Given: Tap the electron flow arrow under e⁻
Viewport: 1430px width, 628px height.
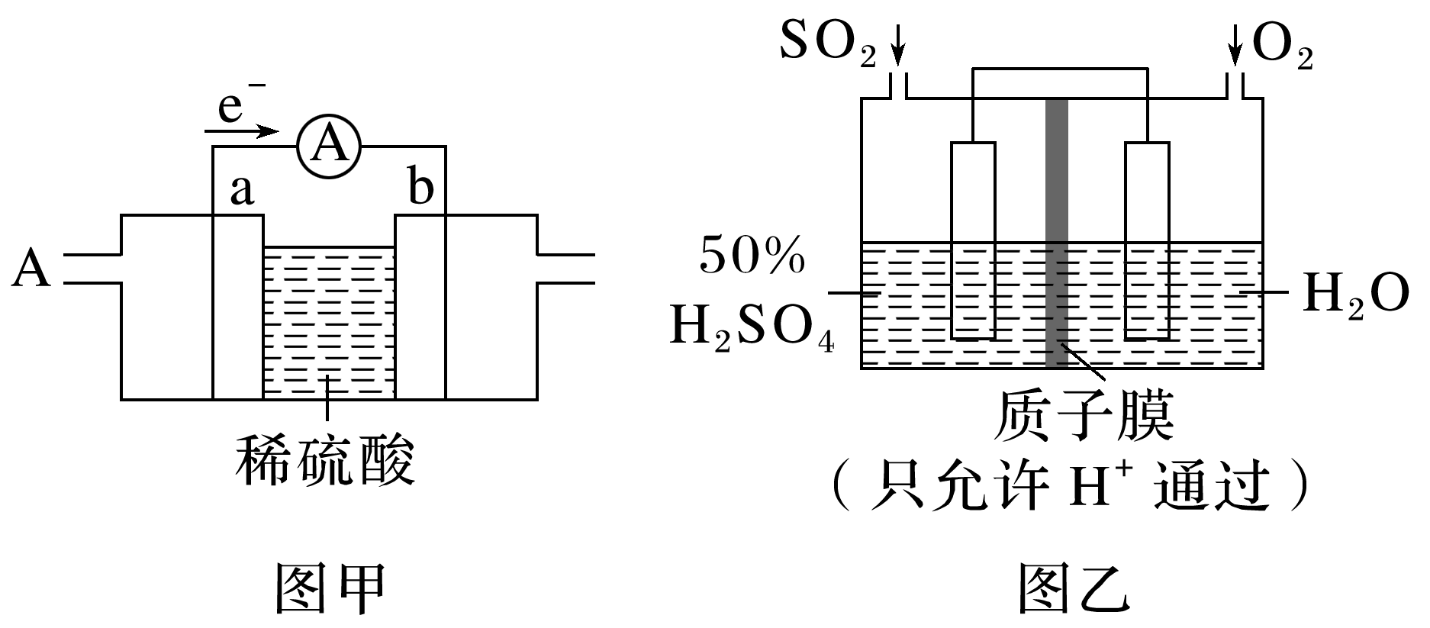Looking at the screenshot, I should coord(243,131).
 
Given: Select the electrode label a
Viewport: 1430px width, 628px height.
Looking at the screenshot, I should coord(241,191).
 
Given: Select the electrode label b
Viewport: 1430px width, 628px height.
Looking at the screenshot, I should coord(420,187).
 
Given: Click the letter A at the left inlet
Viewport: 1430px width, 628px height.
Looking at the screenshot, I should coord(31,269).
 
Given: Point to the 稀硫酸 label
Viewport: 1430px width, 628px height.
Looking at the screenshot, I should coord(326,461).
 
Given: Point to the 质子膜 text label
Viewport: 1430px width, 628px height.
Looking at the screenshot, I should coord(1084,417).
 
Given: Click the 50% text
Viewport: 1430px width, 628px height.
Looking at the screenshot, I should coord(752,256).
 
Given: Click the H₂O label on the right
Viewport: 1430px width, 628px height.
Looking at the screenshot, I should coord(1354,294).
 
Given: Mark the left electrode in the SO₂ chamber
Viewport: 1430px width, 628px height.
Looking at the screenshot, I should coord(973,240).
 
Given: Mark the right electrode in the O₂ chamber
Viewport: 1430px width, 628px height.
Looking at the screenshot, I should coord(1148,240).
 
